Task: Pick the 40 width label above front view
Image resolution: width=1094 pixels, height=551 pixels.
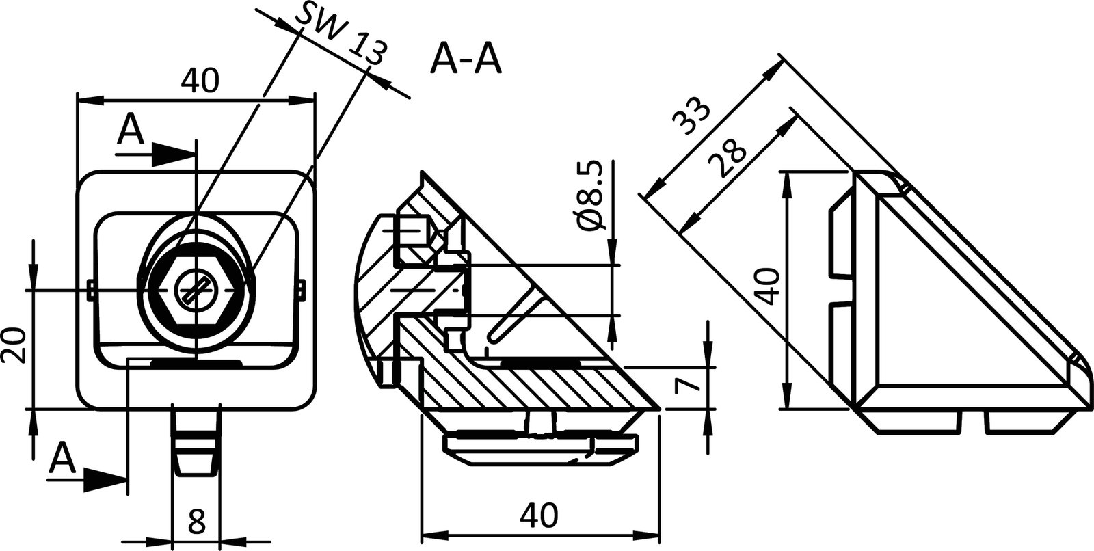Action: tap(200, 81)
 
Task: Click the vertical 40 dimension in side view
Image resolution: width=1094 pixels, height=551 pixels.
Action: tap(769, 287)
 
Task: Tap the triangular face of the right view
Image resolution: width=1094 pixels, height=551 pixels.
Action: tap(937, 308)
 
